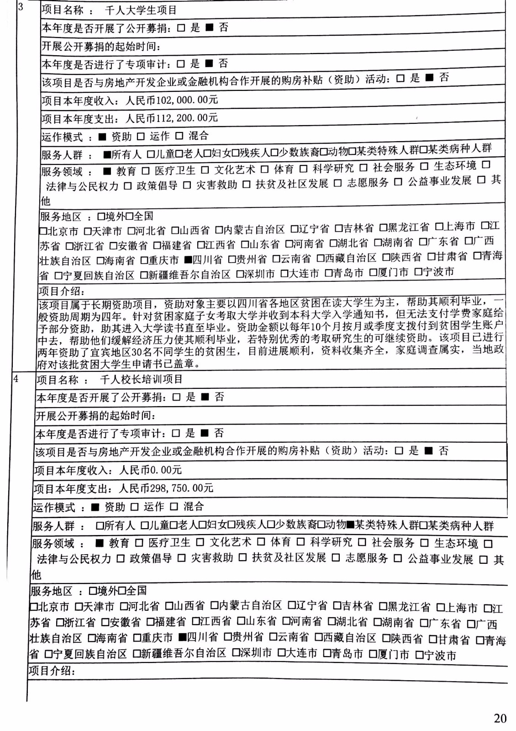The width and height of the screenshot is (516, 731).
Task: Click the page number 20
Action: (x=500, y=718)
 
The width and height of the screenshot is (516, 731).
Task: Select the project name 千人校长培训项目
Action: (x=141, y=379)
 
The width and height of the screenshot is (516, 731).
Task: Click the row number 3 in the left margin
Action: (x=21, y=7)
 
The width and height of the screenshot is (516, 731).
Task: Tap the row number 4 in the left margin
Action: (x=16, y=379)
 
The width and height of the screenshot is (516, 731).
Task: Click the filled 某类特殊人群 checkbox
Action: (x=351, y=525)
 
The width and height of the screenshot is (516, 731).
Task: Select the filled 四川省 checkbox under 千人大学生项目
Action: (x=188, y=260)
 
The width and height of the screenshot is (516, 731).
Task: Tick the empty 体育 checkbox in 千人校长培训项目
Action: (x=261, y=542)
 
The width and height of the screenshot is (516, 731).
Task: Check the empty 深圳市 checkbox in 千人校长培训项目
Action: (x=236, y=652)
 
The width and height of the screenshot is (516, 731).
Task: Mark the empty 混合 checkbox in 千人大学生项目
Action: (x=179, y=136)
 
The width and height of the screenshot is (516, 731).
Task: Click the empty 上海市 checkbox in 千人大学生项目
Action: (x=439, y=227)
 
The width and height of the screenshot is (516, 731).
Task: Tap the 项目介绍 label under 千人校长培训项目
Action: (x=50, y=671)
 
